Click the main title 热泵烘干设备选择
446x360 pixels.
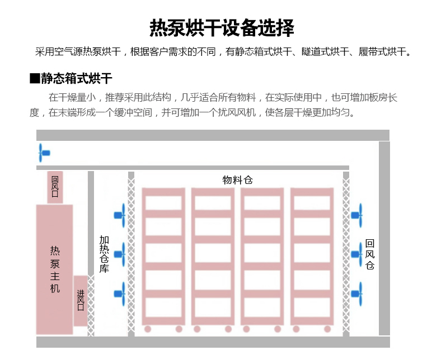click(x=222, y=28)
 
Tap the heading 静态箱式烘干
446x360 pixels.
click(x=77, y=78)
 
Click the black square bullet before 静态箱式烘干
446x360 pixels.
click(x=35, y=78)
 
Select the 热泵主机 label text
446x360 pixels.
click(x=55, y=269)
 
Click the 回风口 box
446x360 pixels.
click(x=55, y=187)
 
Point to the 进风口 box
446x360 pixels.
click(x=81, y=301)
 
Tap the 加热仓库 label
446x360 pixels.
click(x=104, y=254)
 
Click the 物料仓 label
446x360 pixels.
click(x=237, y=180)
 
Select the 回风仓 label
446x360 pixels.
click(x=370, y=254)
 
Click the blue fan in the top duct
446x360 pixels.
click(x=44, y=153)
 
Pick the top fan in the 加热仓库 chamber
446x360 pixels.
click(x=120, y=215)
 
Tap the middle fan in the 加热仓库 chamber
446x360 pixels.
click(x=120, y=254)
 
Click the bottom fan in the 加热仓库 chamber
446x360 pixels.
click(x=120, y=294)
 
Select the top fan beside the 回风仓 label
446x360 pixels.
click(x=356, y=215)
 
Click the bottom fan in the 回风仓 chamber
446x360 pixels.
click(x=356, y=294)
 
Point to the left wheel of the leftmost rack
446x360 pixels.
click(x=148, y=329)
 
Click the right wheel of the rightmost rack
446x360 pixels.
click(x=327, y=329)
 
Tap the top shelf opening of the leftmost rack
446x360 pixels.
click(x=163, y=203)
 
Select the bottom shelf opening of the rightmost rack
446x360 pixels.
click(x=312, y=307)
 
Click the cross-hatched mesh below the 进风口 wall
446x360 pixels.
click(x=91, y=306)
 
